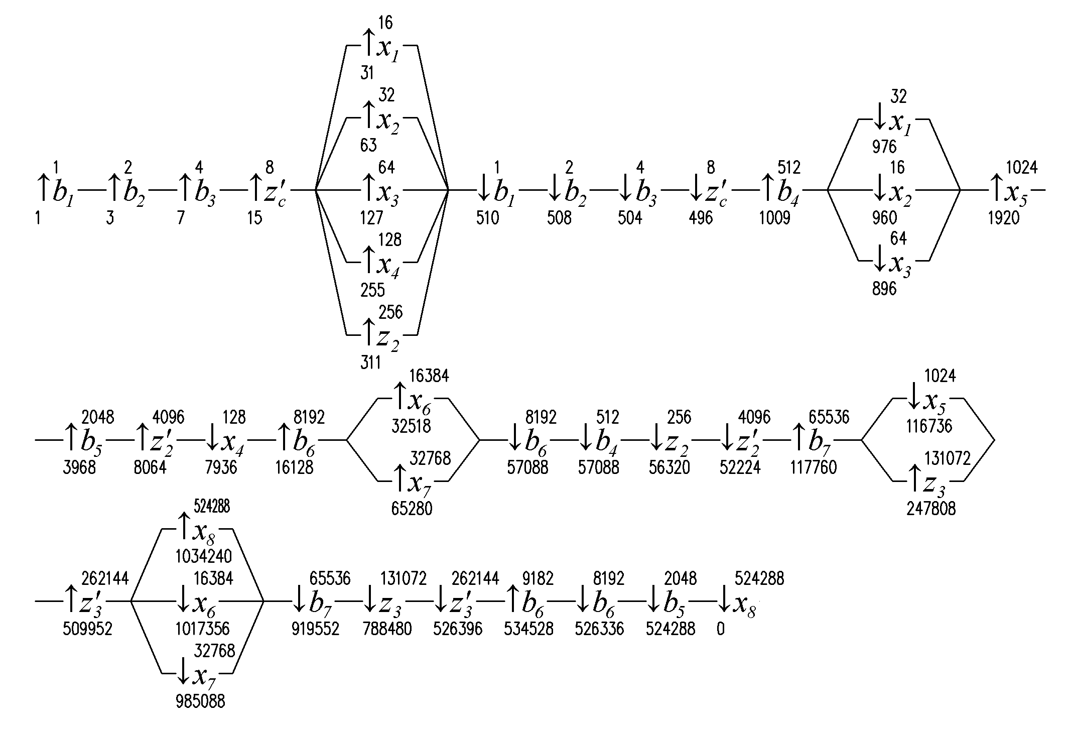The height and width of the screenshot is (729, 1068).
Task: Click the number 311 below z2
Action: point(370,362)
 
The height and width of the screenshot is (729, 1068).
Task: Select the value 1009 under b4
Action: point(774,218)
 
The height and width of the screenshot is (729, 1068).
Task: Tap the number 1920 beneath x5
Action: point(1003,218)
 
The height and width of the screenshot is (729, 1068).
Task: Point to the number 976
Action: point(884,147)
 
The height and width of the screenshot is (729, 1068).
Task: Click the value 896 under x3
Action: point(884,289)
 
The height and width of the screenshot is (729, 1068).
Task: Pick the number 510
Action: point(488,218)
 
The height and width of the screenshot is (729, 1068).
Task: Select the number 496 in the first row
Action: point(701,218)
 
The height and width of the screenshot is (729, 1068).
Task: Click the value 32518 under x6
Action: point(411,426)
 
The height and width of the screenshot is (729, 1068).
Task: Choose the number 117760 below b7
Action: point(813,467)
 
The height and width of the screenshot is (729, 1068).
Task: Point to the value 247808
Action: point(931,509)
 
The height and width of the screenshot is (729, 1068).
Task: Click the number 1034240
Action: point(204,556)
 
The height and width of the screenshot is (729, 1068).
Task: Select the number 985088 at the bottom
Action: point(200,701)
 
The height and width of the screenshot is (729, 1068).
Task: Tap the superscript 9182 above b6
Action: point(537,578)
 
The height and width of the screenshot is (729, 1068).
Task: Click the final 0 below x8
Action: point(721,629)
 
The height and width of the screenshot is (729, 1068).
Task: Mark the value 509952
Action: point(87,629)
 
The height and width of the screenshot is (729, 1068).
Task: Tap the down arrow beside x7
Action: point(184,674)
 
